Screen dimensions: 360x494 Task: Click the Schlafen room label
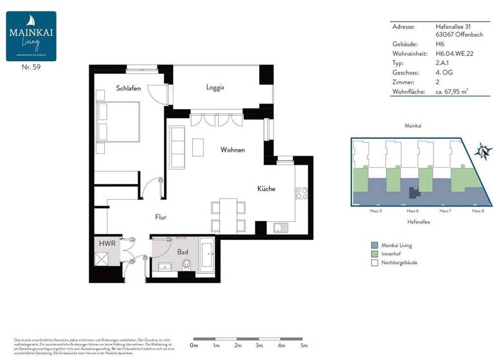point(129,88)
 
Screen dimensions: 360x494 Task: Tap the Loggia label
point(215,87)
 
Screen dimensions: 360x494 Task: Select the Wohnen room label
point(232,150)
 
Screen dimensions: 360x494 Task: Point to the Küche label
point(266,189)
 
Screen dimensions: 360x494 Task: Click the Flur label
point(161,217)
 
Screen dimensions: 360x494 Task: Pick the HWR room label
point(107,244)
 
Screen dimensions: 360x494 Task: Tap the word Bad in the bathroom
point(183,252)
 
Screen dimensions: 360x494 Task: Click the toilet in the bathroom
point(187,266)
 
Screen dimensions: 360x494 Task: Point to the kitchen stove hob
point(302,192)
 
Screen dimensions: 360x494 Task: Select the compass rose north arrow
point(482,152)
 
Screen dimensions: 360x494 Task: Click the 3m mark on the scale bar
point(259,346)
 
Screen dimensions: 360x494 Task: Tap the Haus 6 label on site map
point(412,211)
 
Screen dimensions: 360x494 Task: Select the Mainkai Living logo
point(32,36)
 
